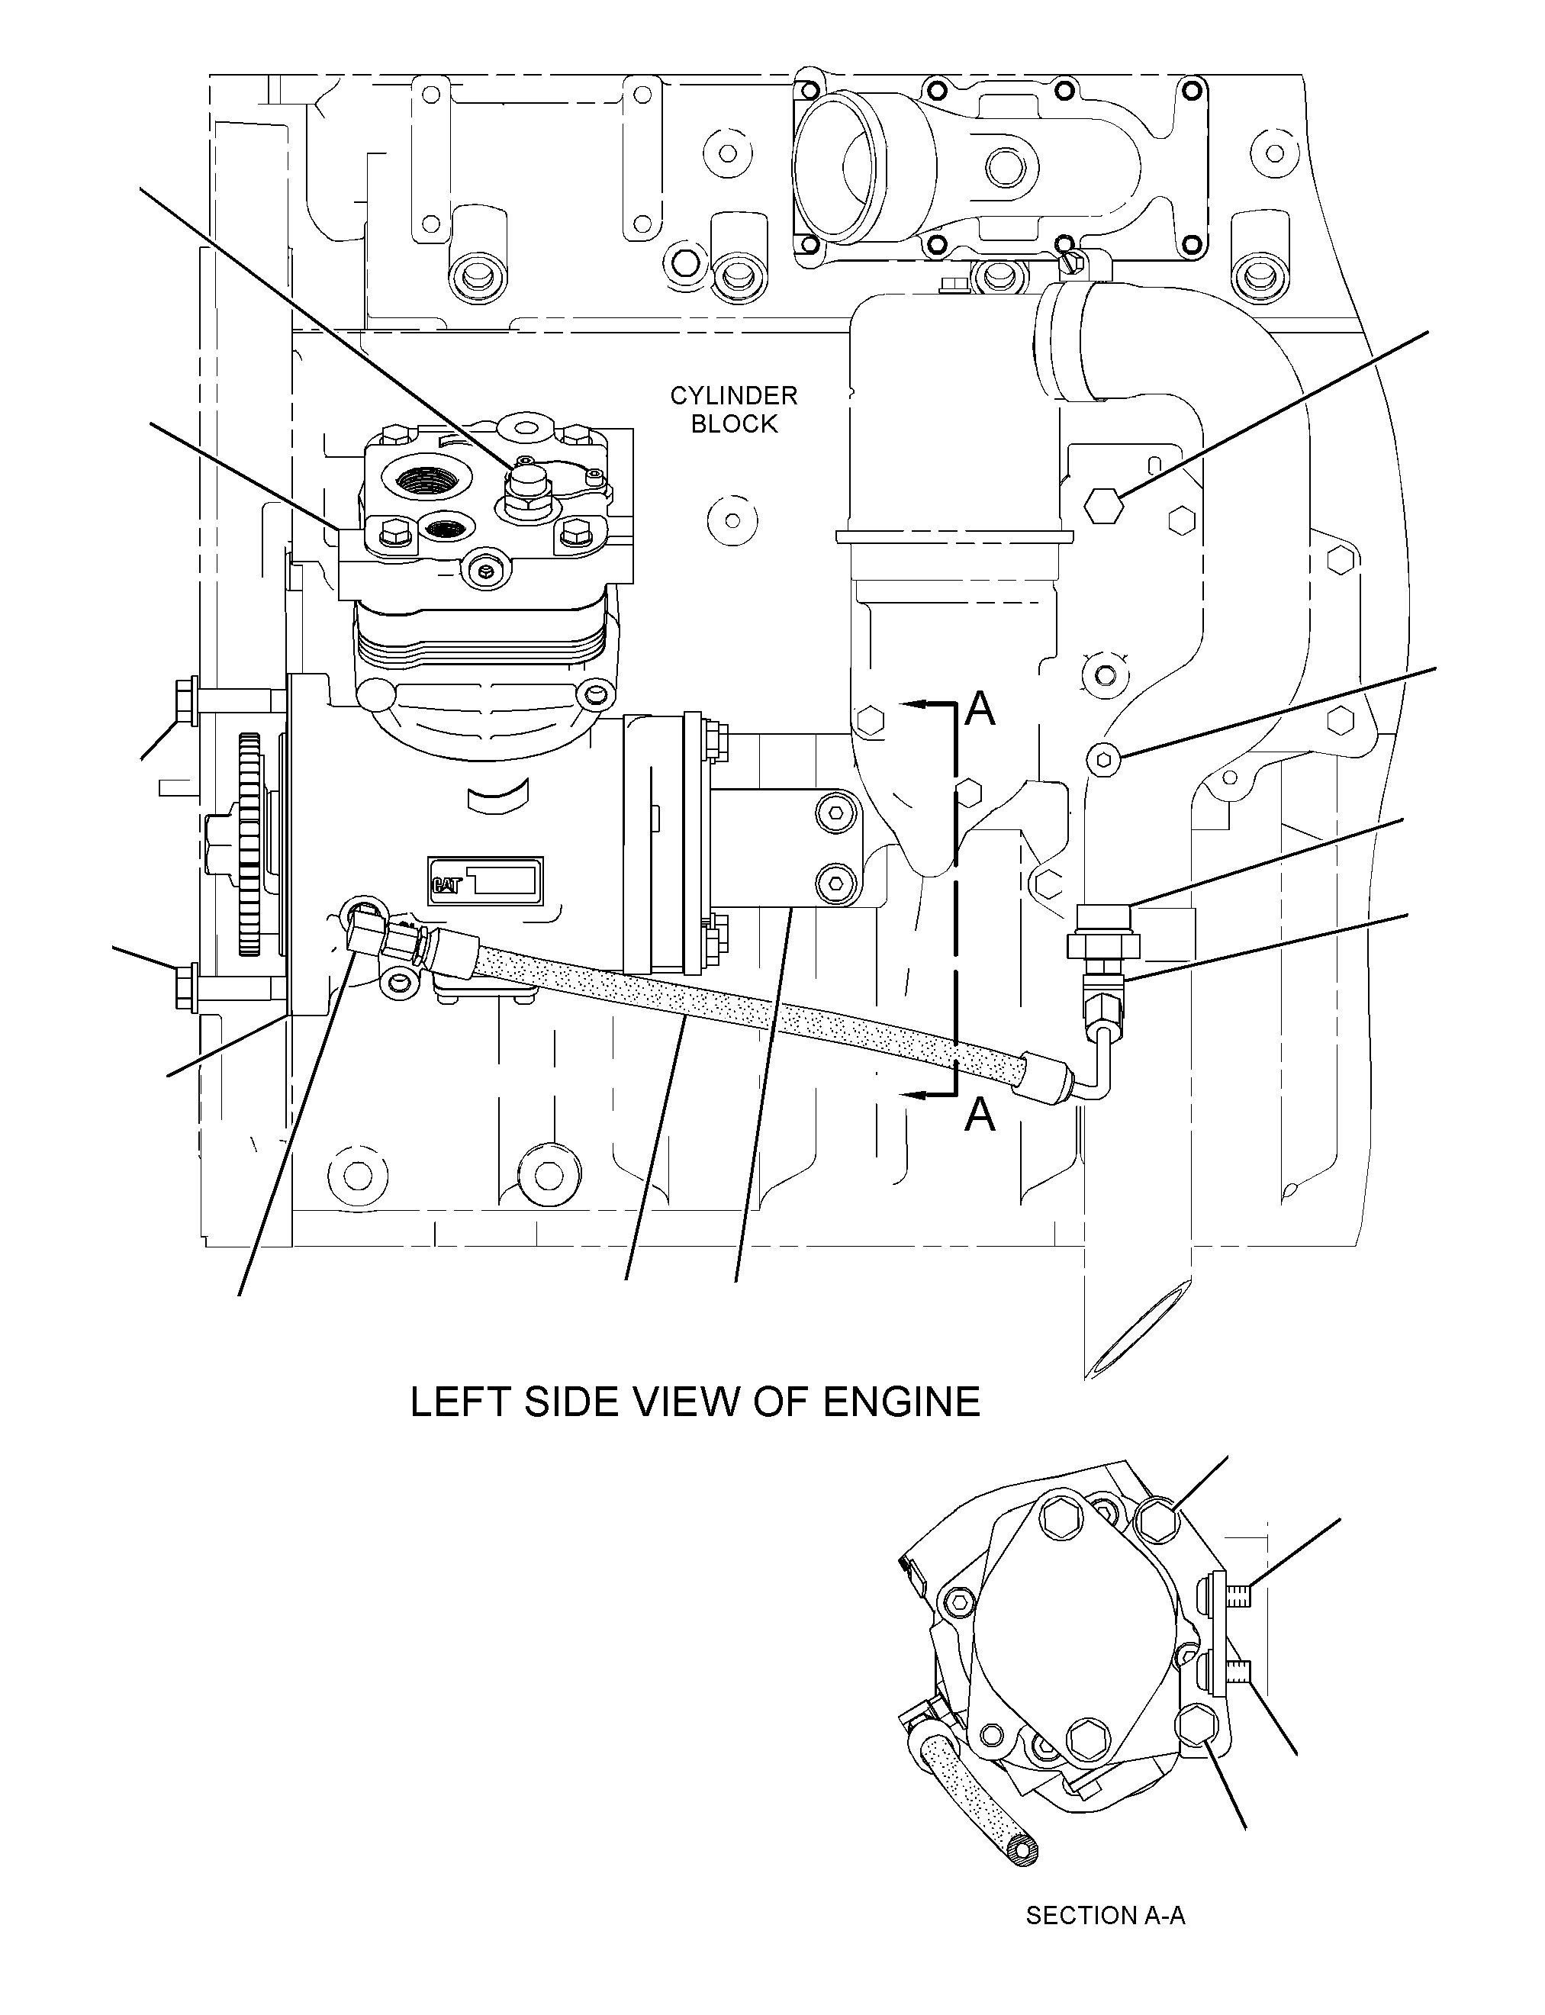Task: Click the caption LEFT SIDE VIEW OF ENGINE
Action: (695, 1402)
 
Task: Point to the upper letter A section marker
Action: (981, 709)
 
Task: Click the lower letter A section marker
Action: (981, 1115)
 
